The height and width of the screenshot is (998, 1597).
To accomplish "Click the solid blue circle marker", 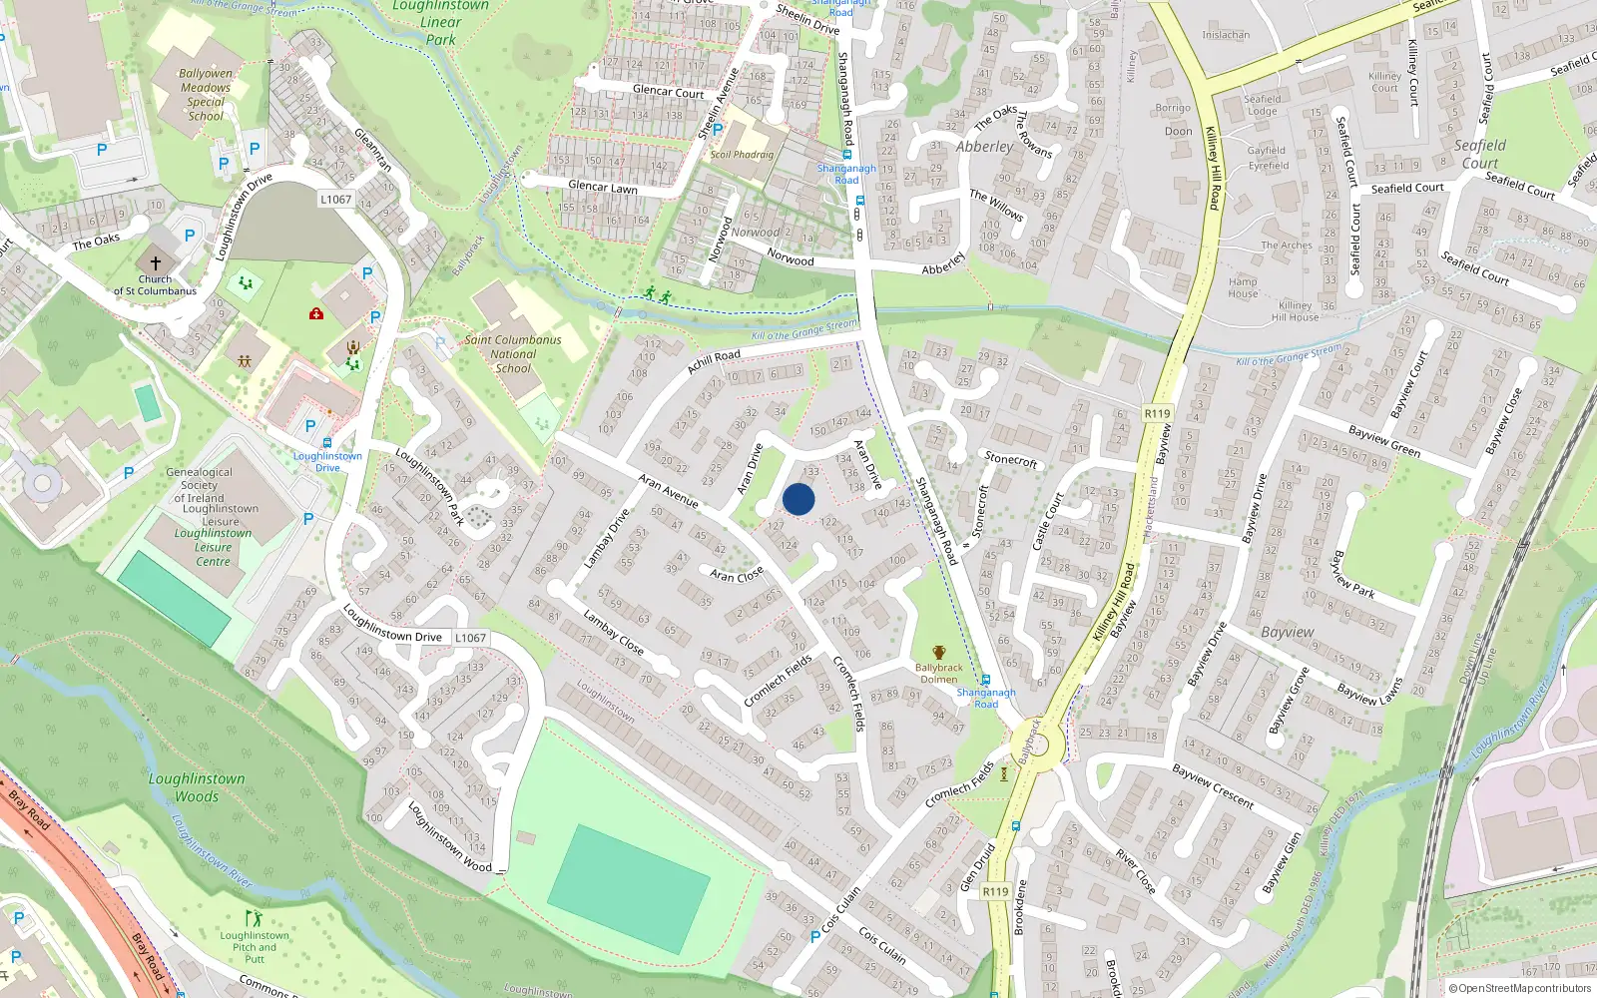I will (x=798, y=499).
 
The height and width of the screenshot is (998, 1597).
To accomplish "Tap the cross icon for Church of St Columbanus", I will (x=156, y=263).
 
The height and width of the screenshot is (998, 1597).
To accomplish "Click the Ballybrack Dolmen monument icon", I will (x=938, y=653).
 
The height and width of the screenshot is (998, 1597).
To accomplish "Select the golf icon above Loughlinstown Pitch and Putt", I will (x=254, y=918).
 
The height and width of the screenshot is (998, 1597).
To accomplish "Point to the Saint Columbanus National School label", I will (x=513, y=354).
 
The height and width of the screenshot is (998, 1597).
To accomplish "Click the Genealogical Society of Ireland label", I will (x=199, y=485).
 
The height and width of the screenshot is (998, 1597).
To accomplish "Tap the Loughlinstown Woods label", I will (x=197, y=787).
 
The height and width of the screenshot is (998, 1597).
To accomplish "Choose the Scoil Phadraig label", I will (x=742, y=155).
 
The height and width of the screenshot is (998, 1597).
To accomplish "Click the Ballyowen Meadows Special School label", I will (x=206, y=95).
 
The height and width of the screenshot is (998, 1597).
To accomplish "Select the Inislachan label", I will (x=1226, y=35).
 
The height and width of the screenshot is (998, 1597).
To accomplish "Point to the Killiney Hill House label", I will (x=1296, y=311).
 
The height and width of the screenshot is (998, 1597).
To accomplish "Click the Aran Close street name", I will (x=737, y=575).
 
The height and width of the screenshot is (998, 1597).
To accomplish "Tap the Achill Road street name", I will (x=714, y=361).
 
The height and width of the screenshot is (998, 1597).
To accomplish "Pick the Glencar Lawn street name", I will (x=603, y=187).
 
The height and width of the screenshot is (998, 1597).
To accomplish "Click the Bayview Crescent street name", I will (x=1212, y=785).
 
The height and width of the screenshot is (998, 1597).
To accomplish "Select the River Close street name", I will (x=1136, y=871).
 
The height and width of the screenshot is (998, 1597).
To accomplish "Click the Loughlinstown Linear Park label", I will (x=440, y=22).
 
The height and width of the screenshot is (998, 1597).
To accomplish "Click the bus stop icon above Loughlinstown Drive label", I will (x=327, y=442).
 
